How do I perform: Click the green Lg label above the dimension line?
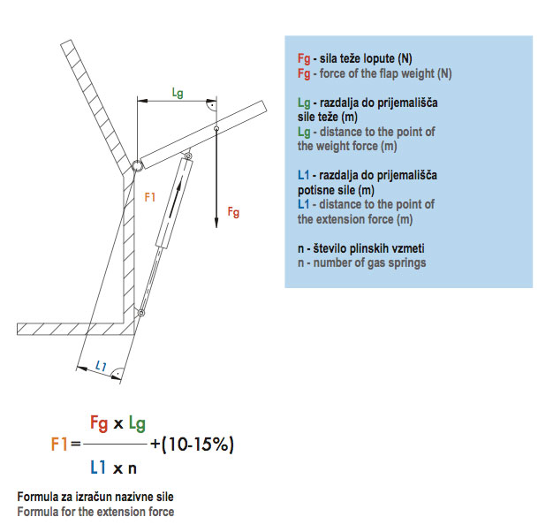[x=178, y=93]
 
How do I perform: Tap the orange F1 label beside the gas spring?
[x=150, y=197]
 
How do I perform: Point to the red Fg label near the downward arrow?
[x=233, y=212]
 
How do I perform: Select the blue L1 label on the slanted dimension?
[x=101, y=366]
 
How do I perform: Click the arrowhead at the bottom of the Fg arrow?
[x=216, y=222]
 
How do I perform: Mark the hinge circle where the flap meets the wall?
[x=137, y=165]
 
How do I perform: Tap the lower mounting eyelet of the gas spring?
[x=140, y=313]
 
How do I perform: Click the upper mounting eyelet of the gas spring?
[x=188, y=156]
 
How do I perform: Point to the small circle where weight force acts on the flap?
[x=216, y=128]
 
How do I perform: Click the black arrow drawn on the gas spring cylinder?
[x=175, y=200]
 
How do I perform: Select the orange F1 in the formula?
[x=59, y=444]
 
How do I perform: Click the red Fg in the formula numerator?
[x=99, y=423]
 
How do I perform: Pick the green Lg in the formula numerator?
[x=137, y=423]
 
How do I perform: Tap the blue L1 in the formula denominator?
[x=98, y=467]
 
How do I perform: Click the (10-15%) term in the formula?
[x=198, y=445]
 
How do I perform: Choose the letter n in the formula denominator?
[x=133, y=469]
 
